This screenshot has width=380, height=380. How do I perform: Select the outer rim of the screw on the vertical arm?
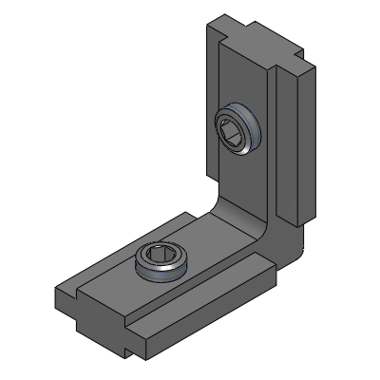point(249,141)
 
